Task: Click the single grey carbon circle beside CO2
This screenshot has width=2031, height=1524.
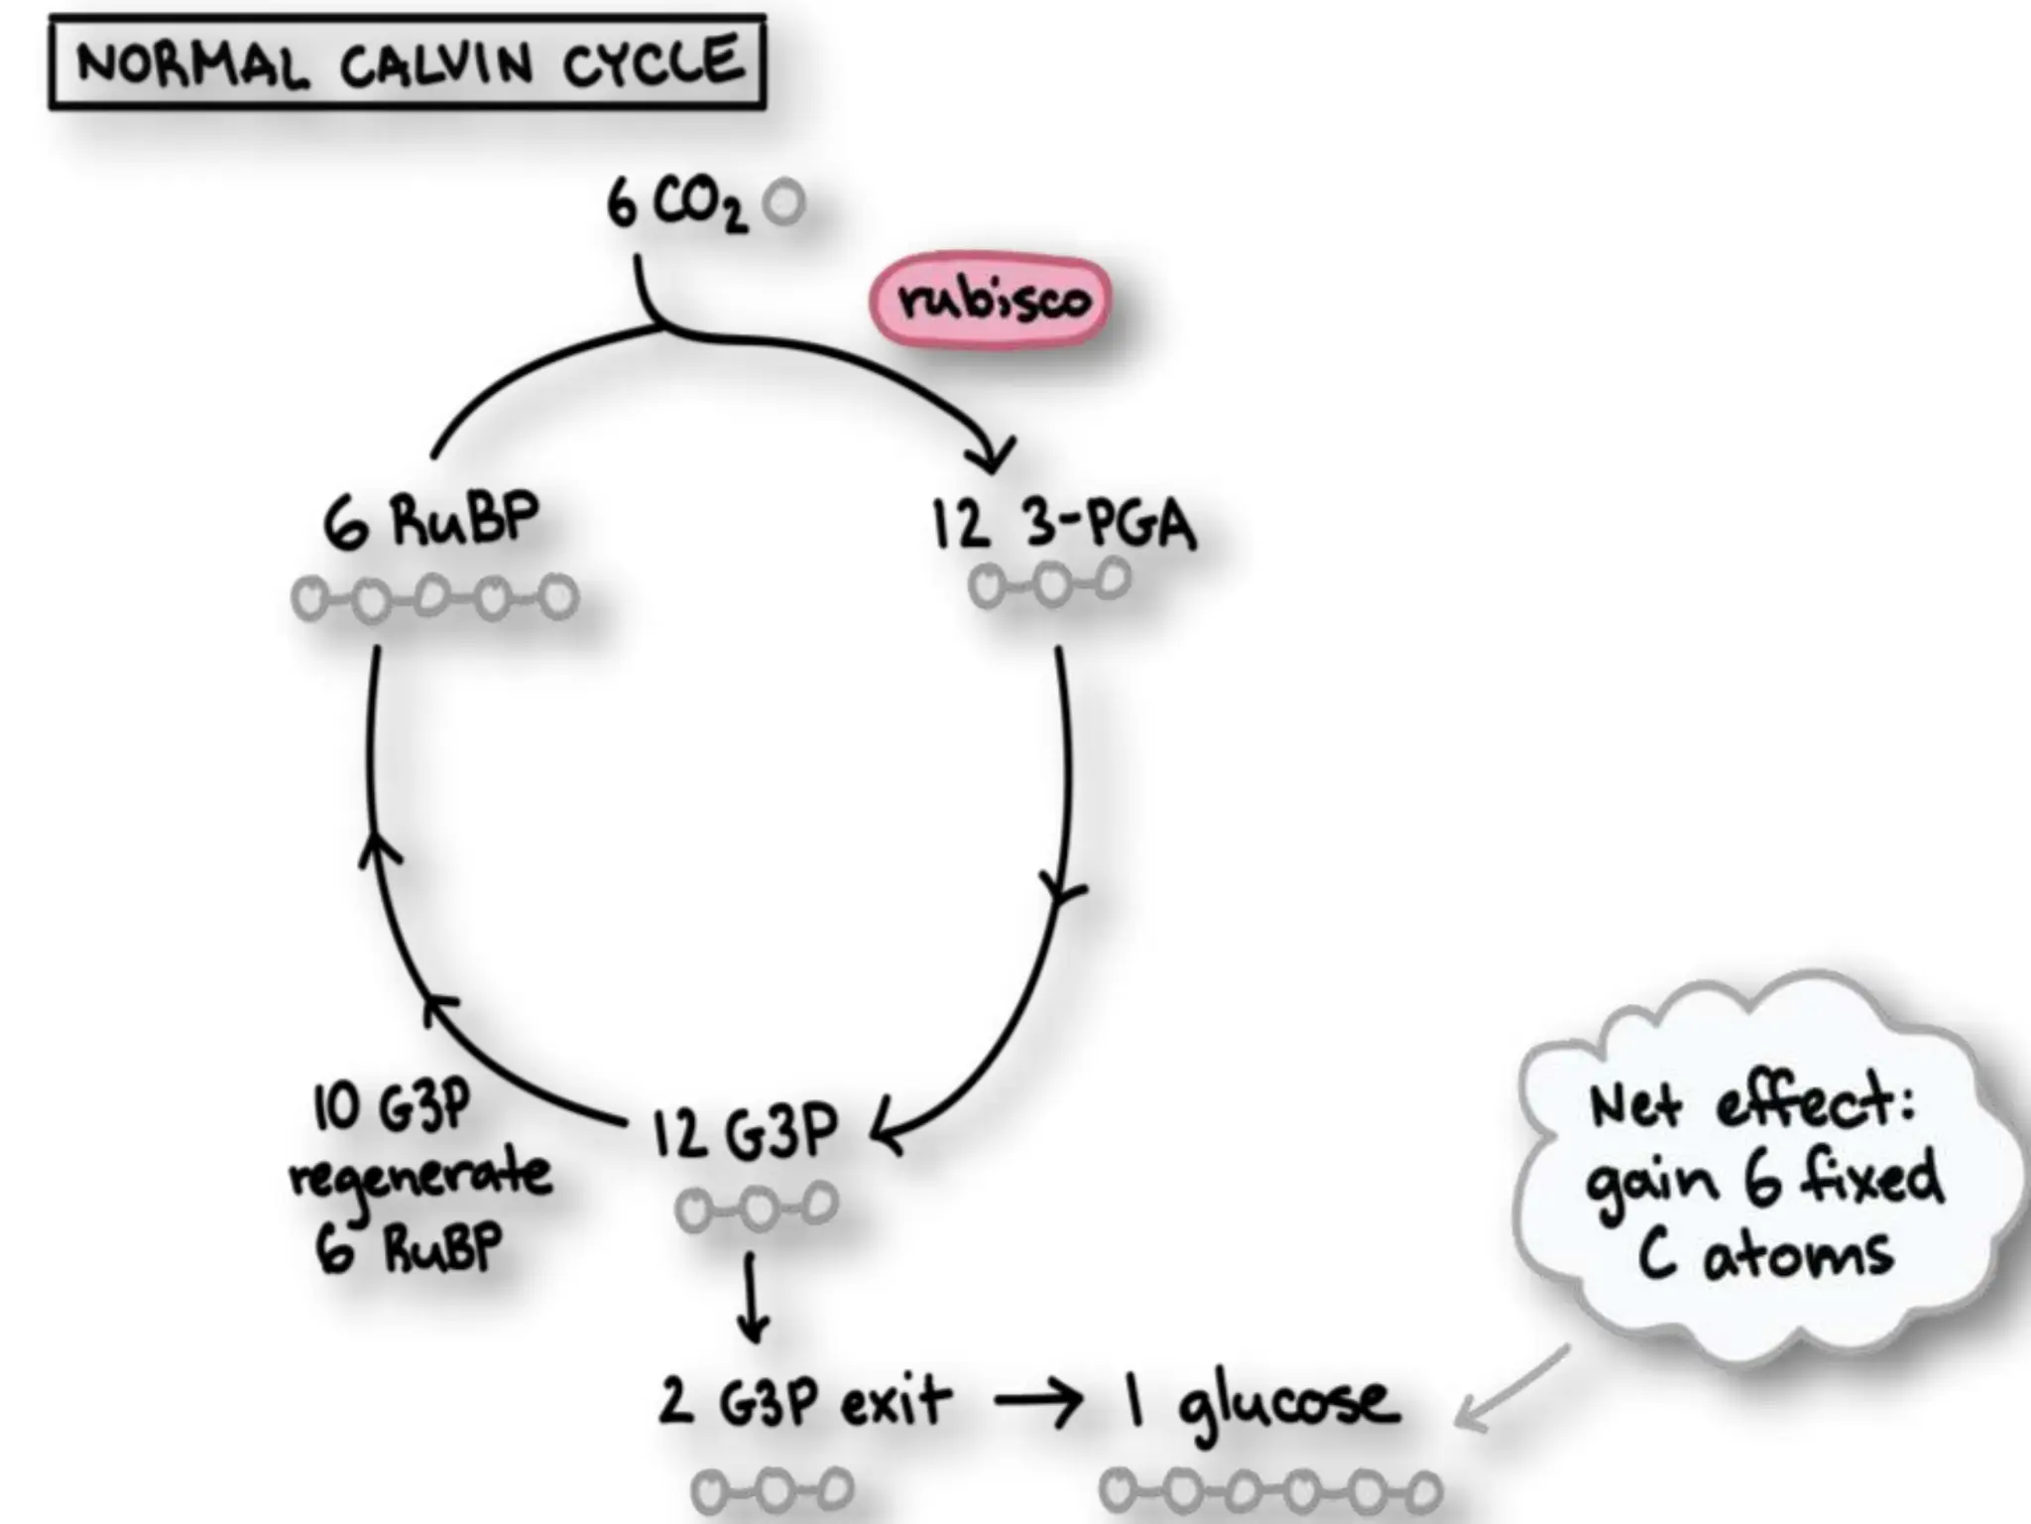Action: [x=784, y=202]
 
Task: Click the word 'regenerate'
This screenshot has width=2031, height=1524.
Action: [x=420, y=1177]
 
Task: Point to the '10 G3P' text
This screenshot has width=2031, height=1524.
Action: [x=392, y=1106]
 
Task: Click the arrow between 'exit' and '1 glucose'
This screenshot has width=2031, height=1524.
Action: [x=1037, y=1401]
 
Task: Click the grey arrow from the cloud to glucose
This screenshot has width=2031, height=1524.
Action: [x=1512, y=1387]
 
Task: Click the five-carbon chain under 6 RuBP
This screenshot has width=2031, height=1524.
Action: [x=434, y=598]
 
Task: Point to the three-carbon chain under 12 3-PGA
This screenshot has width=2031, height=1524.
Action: [x=1050, y=583]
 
